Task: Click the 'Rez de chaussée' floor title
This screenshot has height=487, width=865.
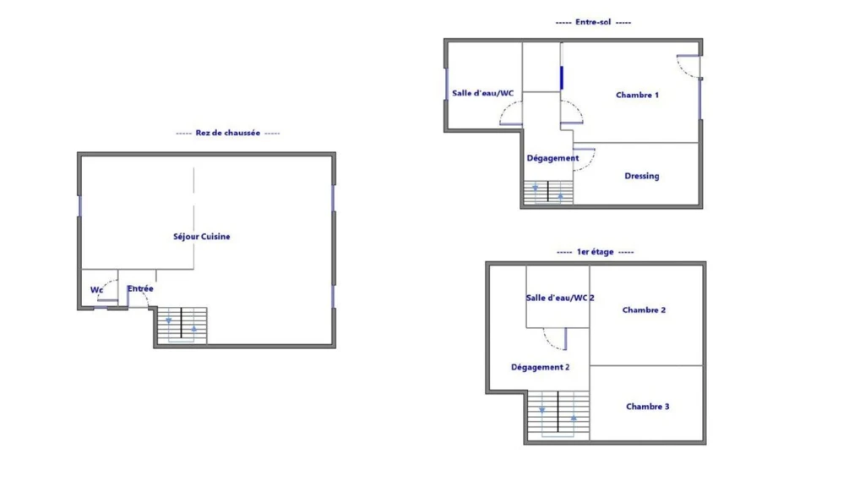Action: [x=228, y=133]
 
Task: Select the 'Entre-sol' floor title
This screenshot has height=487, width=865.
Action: [x=593, y=22]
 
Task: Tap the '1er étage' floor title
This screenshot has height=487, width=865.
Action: [x=596, y=252]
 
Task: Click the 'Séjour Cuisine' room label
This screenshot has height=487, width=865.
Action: [x=201, y=237]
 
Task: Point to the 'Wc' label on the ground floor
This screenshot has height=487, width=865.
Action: [x=96, y=290]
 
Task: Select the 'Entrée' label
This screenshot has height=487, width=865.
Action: [x=140, y=289]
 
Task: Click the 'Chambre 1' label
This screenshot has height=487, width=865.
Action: [x=637, y=95]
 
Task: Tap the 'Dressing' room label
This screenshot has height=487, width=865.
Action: [x=642, y=176]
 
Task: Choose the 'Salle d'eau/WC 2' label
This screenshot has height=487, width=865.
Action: [x=560, y=298]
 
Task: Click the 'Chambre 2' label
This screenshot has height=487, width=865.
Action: [x=644, y=310]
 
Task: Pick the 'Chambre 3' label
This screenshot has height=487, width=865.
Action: [x=648, y=407]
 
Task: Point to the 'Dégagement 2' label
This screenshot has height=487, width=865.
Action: [x=540, y=367]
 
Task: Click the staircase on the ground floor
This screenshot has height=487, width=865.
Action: [x=182, y=326]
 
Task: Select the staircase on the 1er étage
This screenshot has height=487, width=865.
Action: [x=558, y=415]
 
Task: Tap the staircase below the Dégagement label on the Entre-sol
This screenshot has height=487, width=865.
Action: [x=547, y=192]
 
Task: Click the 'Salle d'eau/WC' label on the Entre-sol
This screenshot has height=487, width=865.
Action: [x=482, y=93]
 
